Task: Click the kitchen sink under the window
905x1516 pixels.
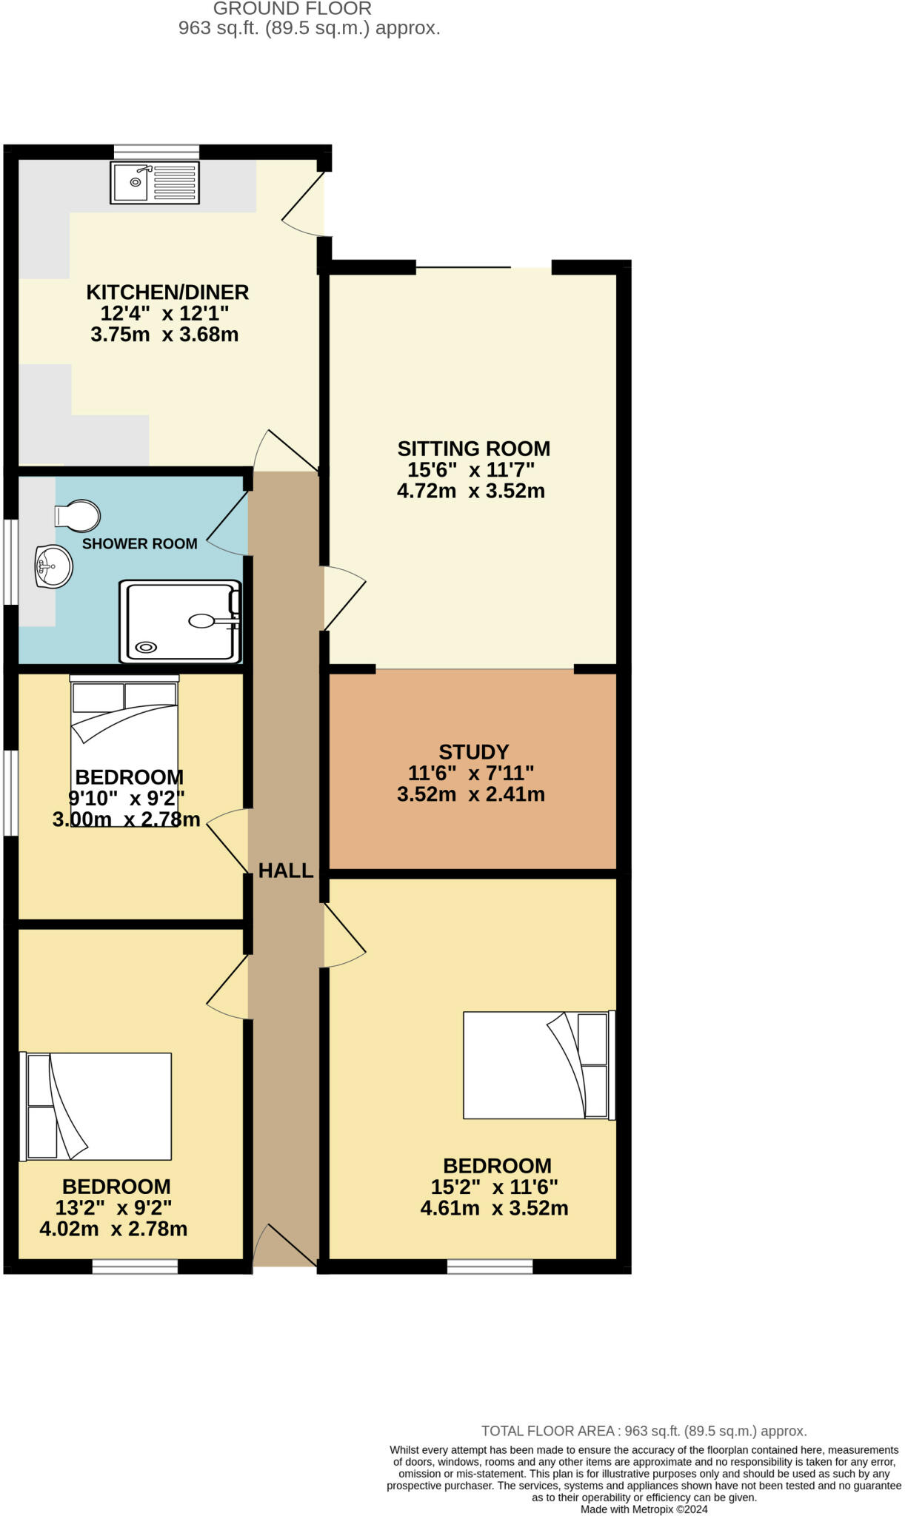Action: pyautogui.click(x=155, y=182)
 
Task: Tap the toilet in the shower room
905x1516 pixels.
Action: pyautogui.click(x=78, y=516)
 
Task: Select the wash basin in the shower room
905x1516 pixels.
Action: pyautogui.click(x=53, y=566)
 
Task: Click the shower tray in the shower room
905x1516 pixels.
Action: pyautogui.click(x=180, y=622)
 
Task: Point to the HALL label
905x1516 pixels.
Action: pyautogui.click(x=286, y=871)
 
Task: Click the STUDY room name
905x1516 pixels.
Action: pyautogui.click(x=473, y=752)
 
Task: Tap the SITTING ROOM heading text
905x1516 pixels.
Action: pyautogui.click(x=473, y=449)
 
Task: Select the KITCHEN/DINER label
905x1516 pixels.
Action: pyautogui.click(x=167, y=292)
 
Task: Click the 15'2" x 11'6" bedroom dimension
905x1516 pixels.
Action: pyautogui.click(x=494, y=1187)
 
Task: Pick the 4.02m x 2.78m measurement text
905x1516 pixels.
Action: pyautogui.click(x=113, y=1229)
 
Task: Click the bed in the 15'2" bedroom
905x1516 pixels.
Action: pyautogui.click(x=538, y=1064)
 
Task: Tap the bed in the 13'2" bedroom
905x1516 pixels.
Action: pyautogui.click(x=97, y=1107)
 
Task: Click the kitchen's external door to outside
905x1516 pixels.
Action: pyautogui.click(x=304, y=200)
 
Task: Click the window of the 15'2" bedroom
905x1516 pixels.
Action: pyautogui.click(x=490, y=1267)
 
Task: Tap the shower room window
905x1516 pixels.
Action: pyautogui.click(x=10, y=562)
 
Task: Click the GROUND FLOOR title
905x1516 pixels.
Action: pyautogui.click(x=292, y=9)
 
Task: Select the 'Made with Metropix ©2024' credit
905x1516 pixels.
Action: pyautogui.click(x=644, y=1509)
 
